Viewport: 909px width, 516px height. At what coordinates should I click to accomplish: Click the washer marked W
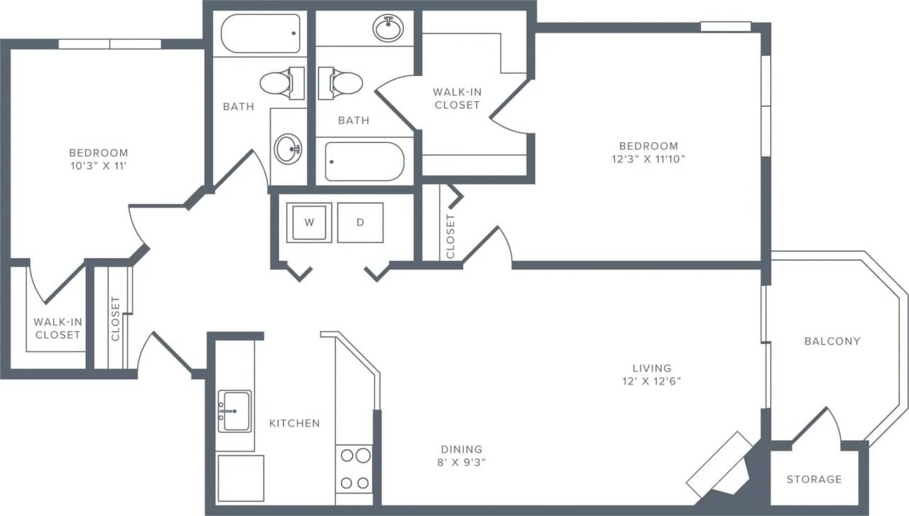(x=309, y=222)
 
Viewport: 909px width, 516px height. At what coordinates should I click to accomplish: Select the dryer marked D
(x=360, y=222)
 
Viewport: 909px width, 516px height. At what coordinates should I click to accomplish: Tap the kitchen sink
(x=234, y=411)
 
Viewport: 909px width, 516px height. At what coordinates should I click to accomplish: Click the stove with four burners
(x=354, y=468)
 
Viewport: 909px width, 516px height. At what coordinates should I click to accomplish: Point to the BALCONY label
(x=832, y=341)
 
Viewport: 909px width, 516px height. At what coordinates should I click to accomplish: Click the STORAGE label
(x=814, y=480)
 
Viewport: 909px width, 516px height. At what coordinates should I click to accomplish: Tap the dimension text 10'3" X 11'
(x=98, y=166)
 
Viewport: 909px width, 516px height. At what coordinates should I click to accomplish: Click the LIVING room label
(x=651, y=368)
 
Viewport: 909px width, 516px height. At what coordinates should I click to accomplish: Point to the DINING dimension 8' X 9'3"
(x=462, y=462)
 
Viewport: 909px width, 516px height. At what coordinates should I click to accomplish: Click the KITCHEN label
(x=294, y=423)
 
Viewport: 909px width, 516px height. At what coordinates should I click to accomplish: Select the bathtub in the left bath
(x=260, y=33)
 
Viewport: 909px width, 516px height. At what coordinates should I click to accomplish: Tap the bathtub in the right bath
(x=364, y=161)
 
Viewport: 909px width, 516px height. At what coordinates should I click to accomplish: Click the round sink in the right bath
(x=388, y=29)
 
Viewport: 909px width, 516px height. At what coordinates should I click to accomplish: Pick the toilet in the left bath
(x=278, y=83)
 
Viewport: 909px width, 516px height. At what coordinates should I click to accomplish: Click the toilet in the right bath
(x=344, y=83)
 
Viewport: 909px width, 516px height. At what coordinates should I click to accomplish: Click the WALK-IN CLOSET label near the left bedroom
(x=58, y=328)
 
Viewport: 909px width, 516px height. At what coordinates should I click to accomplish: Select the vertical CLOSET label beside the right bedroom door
(x=450, y=237)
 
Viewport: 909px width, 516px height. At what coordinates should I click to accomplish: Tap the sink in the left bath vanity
(x=288, y=149)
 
